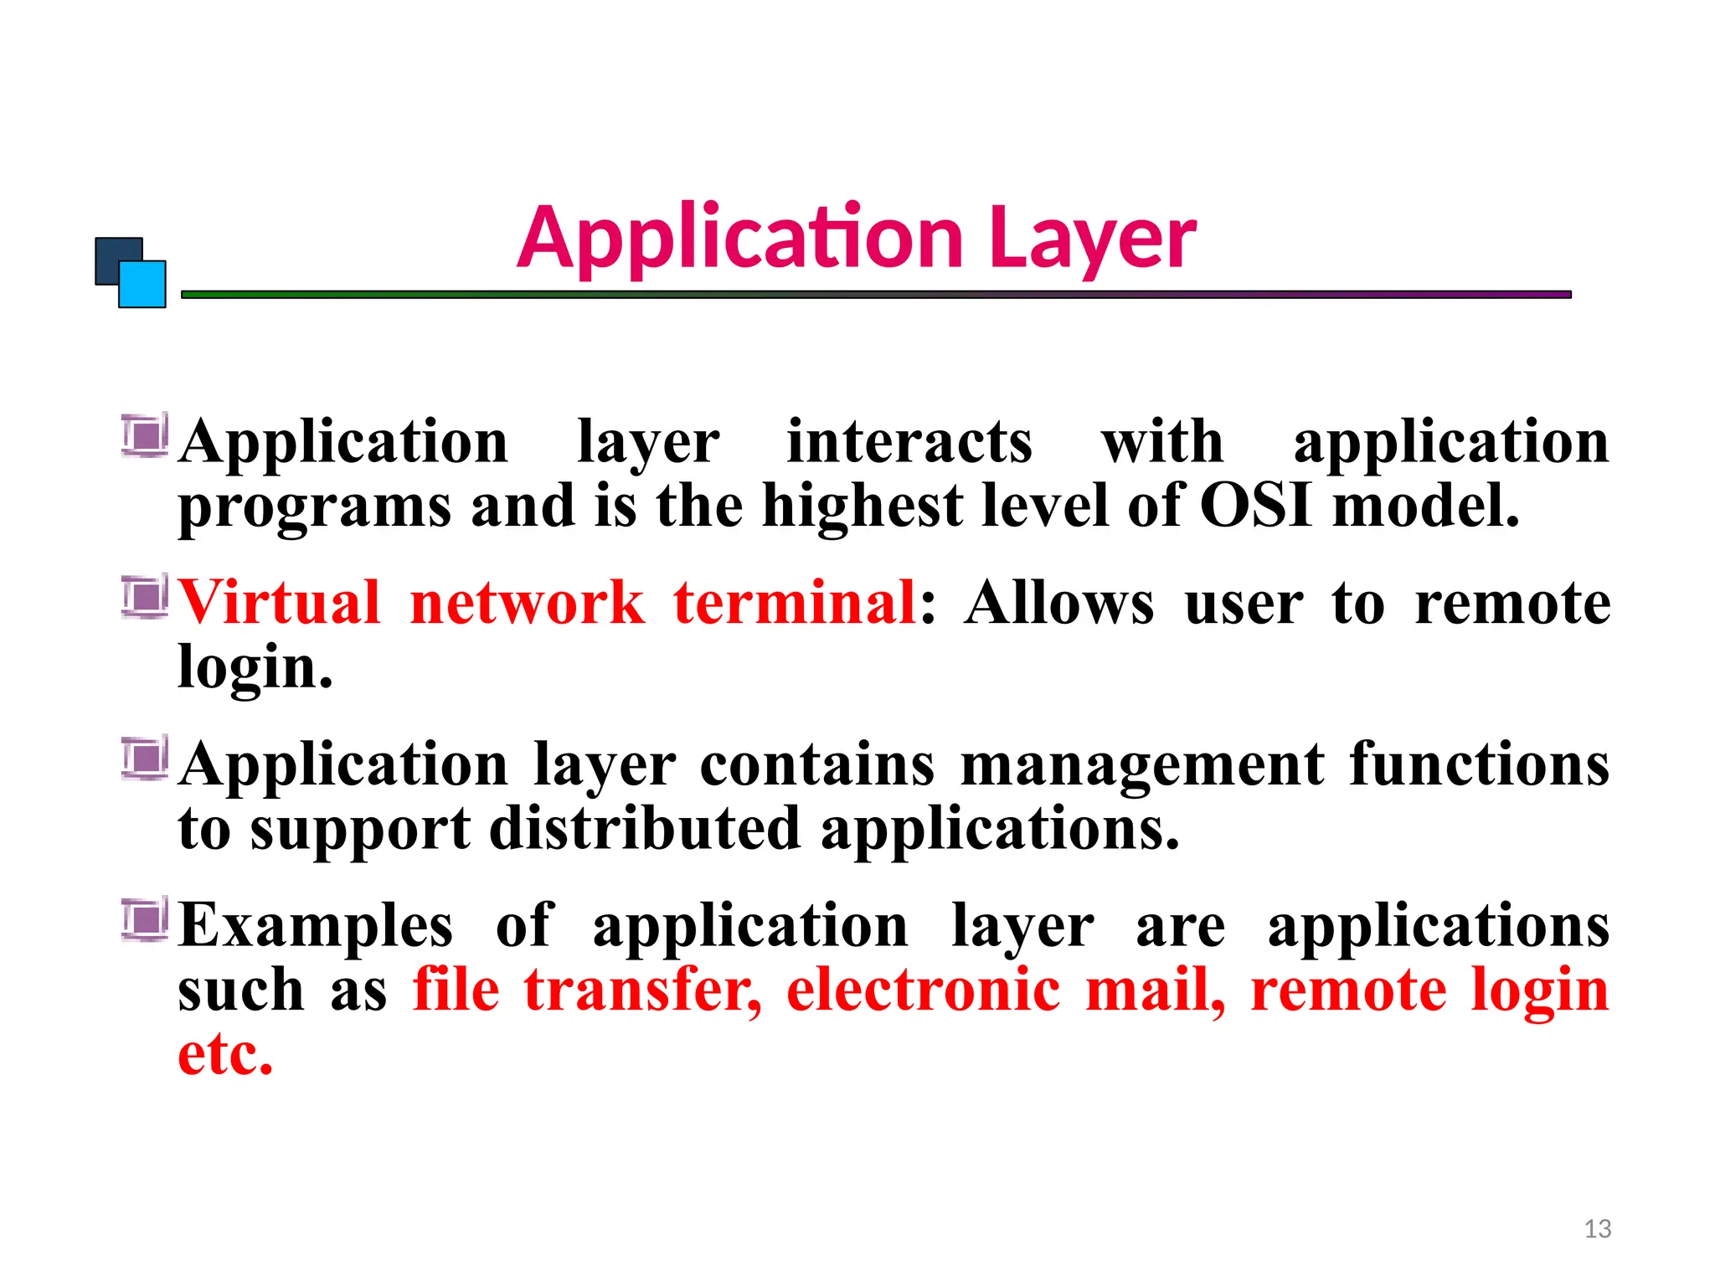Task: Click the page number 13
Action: click(x=1598, y=1229)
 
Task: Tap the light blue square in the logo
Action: click(x=142, y=285)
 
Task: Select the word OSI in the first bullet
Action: click(x=1255, y=506)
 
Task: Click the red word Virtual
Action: click(x=279, y=603)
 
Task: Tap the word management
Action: click(x=1142, y=765)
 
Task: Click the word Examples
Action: click(x=317, y=926)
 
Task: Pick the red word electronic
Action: click(x=923, y=990)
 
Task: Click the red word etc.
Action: click(x=225, y=1053)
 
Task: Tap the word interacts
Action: click(x=909, y=442)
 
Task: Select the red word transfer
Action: click(x=642, y=990)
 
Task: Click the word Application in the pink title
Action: click(x=740, y=239)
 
